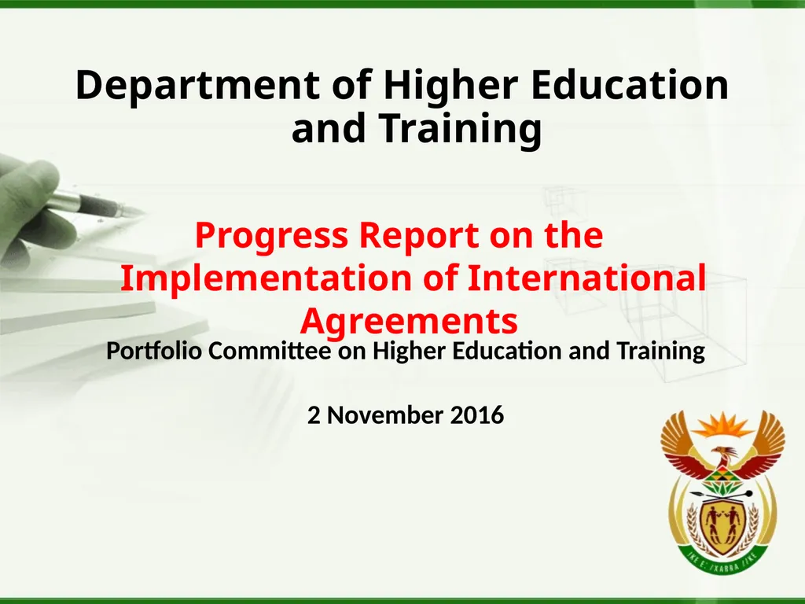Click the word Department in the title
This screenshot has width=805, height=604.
197,86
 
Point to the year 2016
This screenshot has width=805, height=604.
477,414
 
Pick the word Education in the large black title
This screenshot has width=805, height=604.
629,86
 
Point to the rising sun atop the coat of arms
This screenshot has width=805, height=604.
722,425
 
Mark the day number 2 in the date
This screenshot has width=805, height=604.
314,414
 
